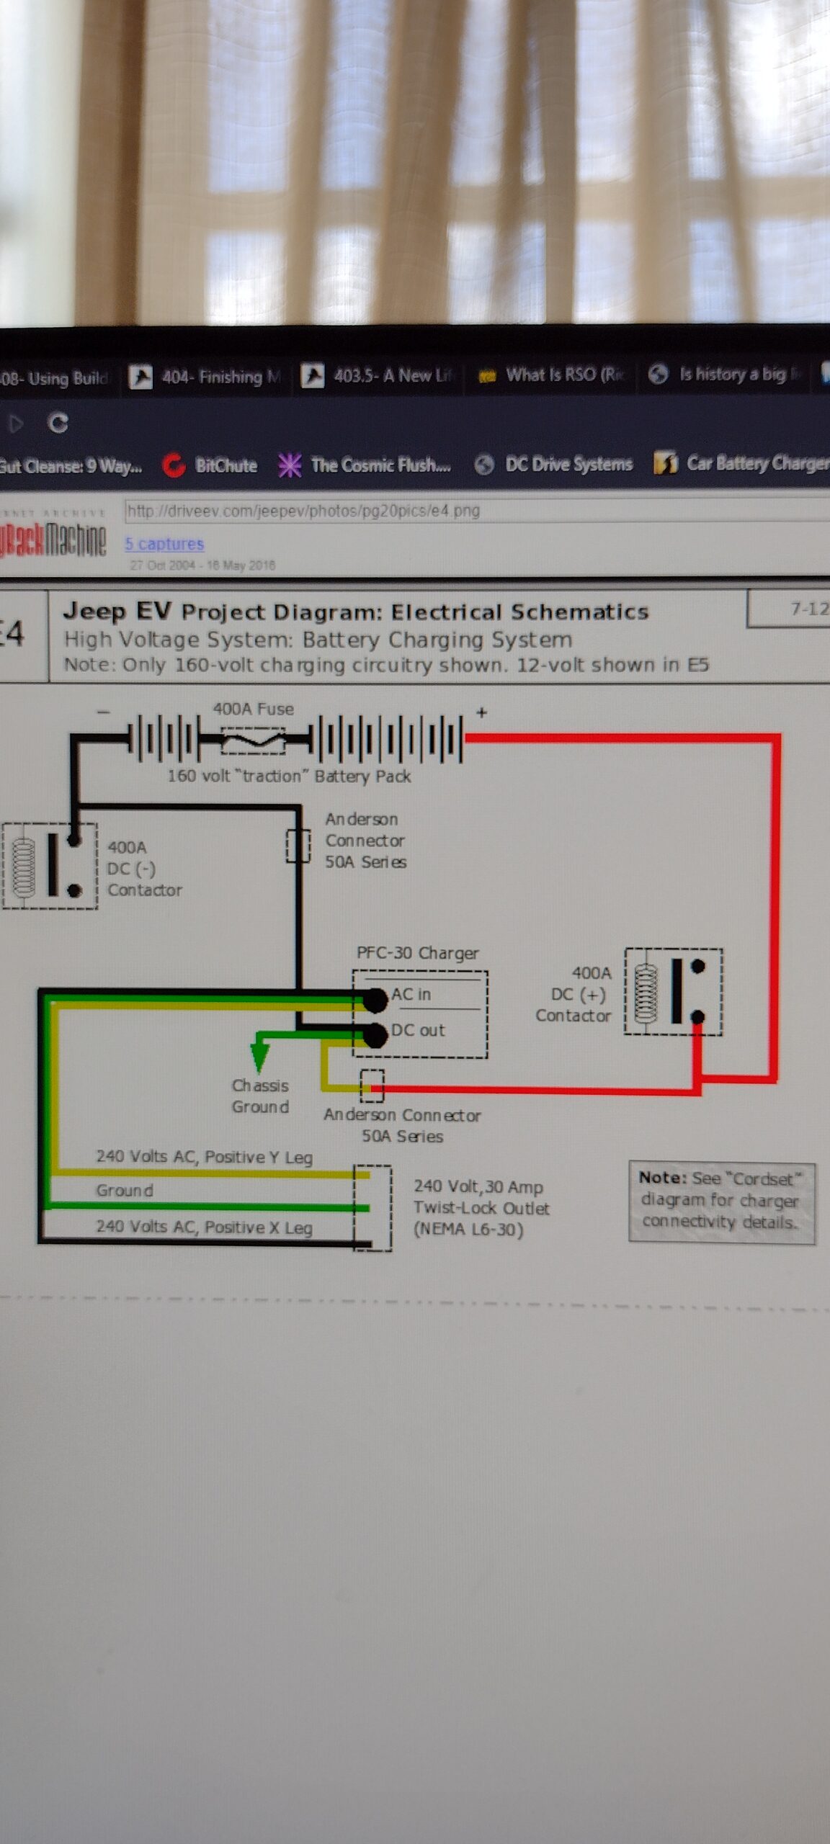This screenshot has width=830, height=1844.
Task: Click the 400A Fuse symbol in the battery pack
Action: (253, 740)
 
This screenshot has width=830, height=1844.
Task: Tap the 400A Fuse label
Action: (253, 709)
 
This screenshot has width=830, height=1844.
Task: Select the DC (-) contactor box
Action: (50, 865)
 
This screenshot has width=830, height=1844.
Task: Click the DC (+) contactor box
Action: (674, 992)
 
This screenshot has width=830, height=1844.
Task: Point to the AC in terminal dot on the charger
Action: (375, 999)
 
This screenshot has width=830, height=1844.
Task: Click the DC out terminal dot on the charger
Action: (375, 1035)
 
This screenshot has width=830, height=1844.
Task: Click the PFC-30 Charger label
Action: (417, 953)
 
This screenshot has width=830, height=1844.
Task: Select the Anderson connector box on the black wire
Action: (298, 846)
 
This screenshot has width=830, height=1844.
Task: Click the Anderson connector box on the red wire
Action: (372, 1086)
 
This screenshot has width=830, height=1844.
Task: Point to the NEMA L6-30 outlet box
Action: (372, 1208)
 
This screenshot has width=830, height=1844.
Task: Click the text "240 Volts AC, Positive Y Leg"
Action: (204, 1157)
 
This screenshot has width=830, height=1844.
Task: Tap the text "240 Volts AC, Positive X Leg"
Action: (204, 1227)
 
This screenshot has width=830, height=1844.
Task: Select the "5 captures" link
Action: (164, 544)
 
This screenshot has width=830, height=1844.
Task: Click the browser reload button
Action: (58, 423)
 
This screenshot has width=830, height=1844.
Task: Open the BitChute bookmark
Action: (210, 465)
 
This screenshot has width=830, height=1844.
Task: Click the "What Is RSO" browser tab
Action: (551, 375)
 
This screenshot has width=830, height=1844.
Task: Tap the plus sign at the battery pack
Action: (481, 712)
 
